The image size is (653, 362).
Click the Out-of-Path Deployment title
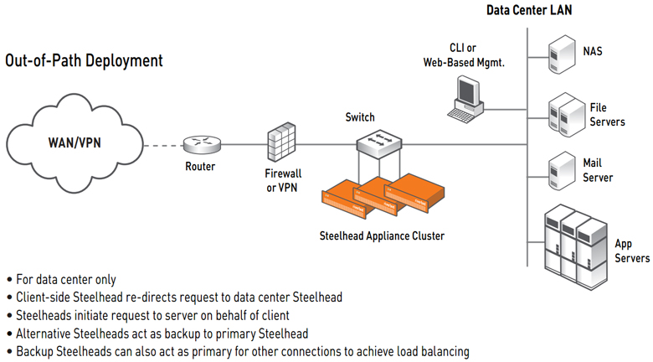(x=84, y=61)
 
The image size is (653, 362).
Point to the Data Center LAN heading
(x=528, y=10)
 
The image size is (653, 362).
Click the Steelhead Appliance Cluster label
(x=383, y=235)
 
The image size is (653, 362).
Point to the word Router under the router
(x=200, y=166)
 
